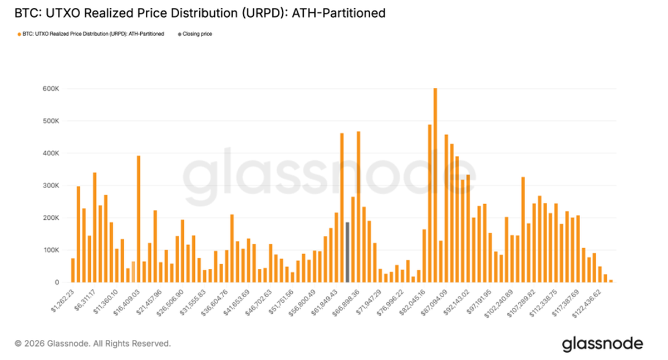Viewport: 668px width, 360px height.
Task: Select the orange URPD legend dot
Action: [x=19, y=34]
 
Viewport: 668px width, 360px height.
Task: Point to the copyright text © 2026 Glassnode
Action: [x=92, y=344]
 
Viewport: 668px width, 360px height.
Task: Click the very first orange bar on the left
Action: [x=73, y=270]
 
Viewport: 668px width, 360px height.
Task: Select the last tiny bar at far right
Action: [x=611, y=281]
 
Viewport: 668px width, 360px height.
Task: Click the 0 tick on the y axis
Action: [x=56, y=283]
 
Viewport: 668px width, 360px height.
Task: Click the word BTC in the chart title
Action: [x=28, y=13]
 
